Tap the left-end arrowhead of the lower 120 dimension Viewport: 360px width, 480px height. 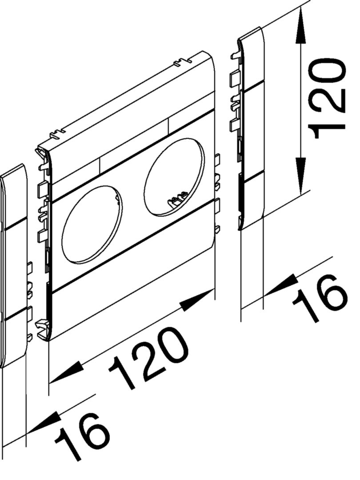point(66,372)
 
